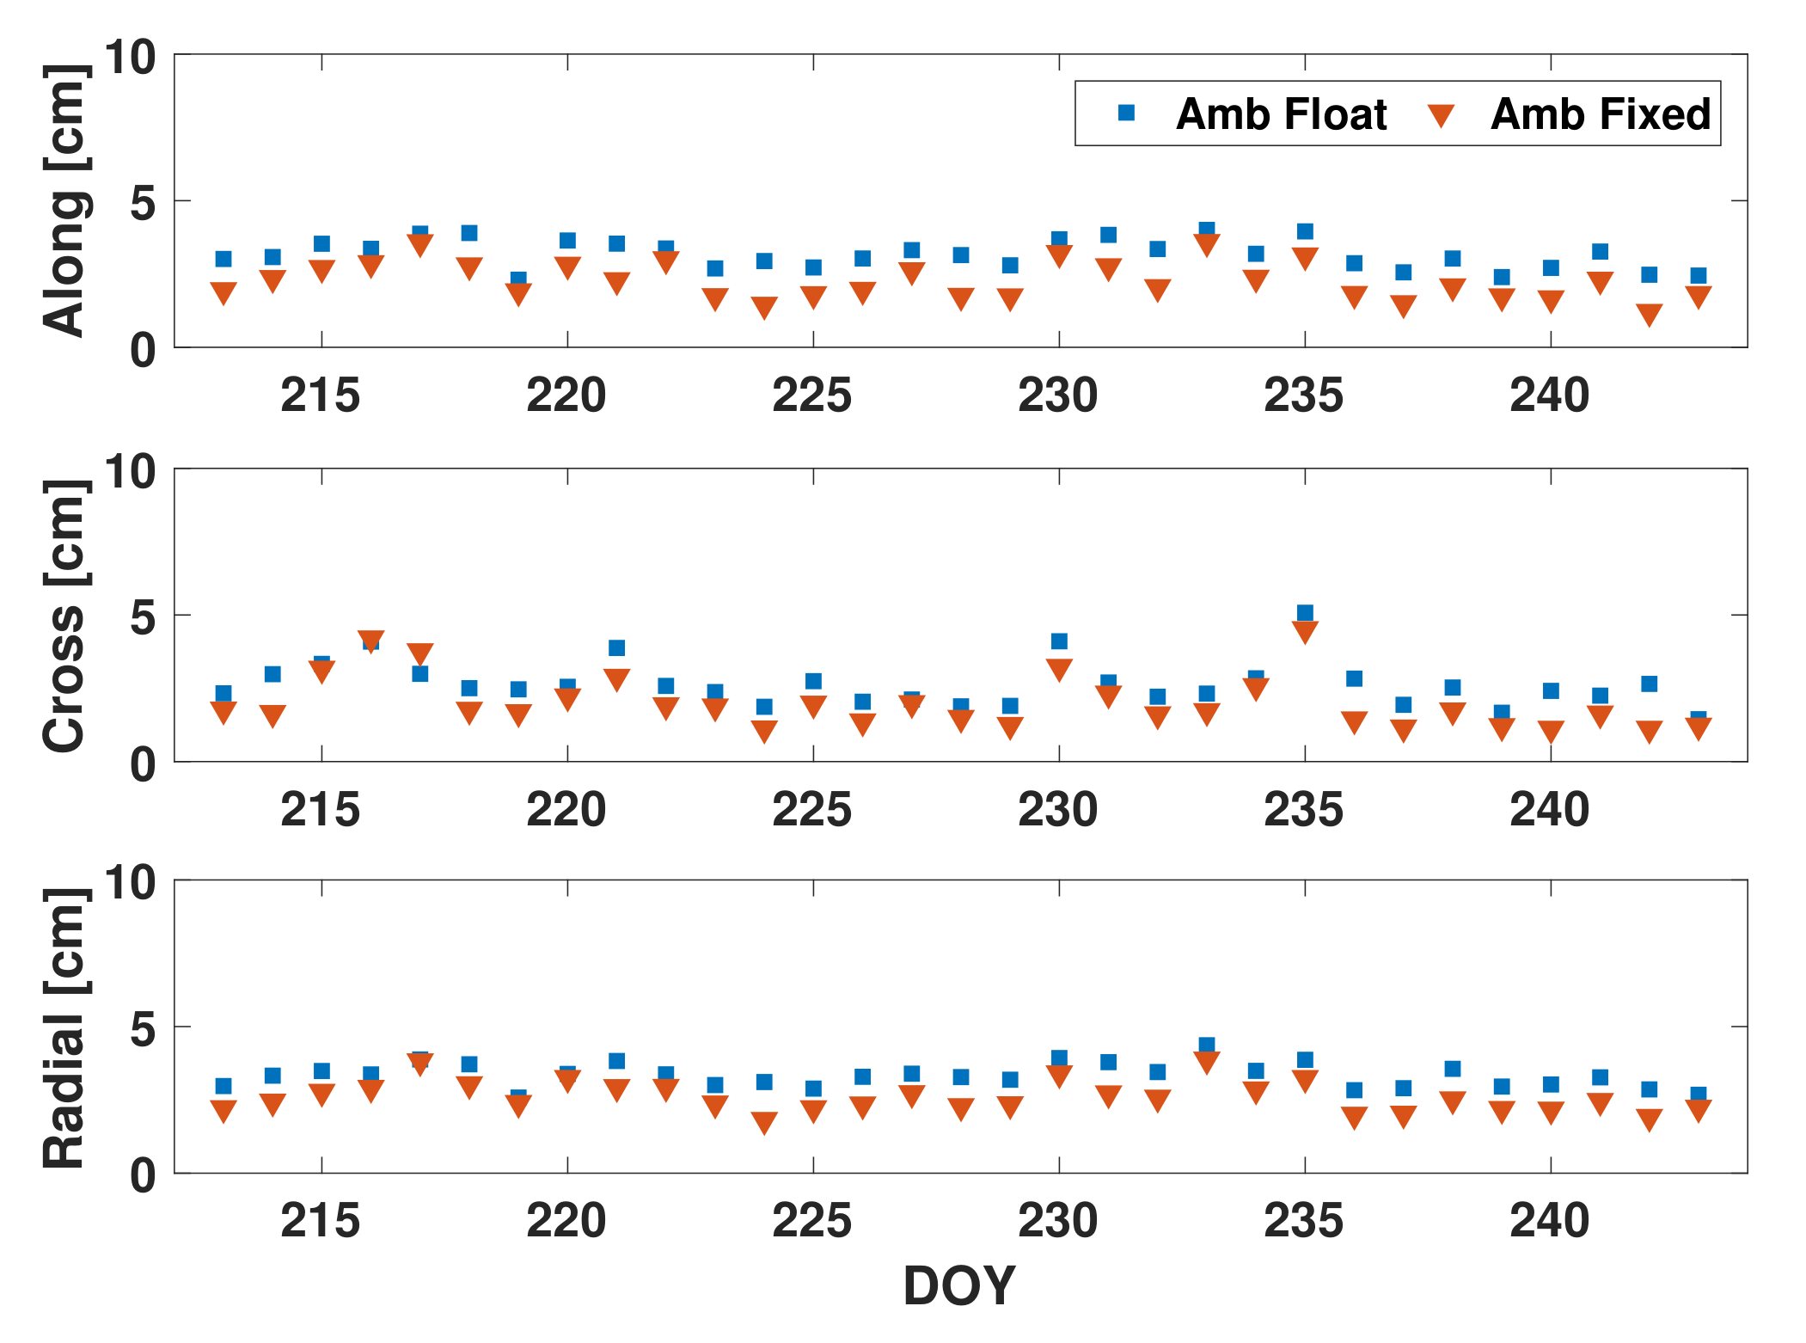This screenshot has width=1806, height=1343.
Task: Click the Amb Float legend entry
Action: pyautogui.click(x=1280, y=114)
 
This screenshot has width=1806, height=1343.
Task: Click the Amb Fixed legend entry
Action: pyautogui.click(x=1600, y=114)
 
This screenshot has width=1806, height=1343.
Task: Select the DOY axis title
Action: pyautogui.click(x=959, y=1285)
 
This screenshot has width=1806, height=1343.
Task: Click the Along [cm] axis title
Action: pyautogui.click(x=65, y=200)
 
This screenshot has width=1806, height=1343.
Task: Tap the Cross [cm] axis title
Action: pyautogui.click(x=65, y=616)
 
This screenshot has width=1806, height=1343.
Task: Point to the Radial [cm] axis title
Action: pyautogui.click(x=65, y=1027)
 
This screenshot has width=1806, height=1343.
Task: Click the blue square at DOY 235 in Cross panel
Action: pyautogui.click(x=1305, y=613)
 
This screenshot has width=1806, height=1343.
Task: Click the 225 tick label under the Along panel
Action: pyautogui.click(x=812, y=396)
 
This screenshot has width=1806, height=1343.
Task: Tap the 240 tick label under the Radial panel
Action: pyautogui.click(x=1550, y=1221)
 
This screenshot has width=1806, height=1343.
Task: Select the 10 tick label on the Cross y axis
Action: pyautogui.click(x=130, y=471)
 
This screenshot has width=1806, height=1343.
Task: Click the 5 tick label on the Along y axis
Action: pyautogui.click(x=143, y=203)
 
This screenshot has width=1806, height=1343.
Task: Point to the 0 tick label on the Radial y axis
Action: pyautogui.click(x=143, y=1175)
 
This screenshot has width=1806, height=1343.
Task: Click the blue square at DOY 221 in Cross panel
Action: pyautogui.click(x=616, y=647)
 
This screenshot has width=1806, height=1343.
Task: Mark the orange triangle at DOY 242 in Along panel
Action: pyautogui.click(x=1649, y=315)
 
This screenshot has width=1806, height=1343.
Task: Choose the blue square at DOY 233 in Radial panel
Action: pyautogui.click(x=1207, y=1046)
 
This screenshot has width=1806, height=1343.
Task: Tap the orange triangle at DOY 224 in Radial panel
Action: pyautogui.click(x=764, y=1122)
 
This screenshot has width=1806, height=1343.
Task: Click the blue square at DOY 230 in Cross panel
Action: pyautogui.click(x=1059, y=641)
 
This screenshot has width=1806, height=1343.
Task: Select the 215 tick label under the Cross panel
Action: pyautogui.click(x=321, y=810)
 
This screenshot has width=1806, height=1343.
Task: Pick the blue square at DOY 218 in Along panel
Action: pyautogui.click(x=469, y=233)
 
